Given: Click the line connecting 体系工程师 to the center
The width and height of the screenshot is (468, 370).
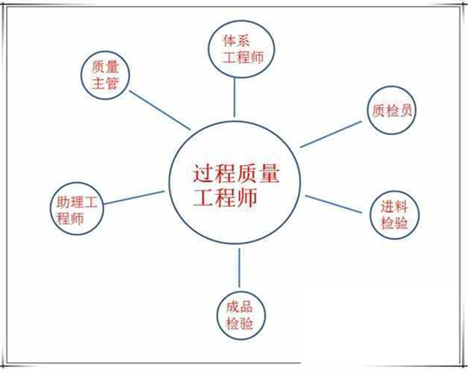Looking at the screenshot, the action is (x=234, y=98).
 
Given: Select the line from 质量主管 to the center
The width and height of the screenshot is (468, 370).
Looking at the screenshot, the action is (x=160, y=110).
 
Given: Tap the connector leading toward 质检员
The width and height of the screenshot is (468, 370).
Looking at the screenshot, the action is (x=331, y=134).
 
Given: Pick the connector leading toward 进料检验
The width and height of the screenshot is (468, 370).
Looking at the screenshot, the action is (x=334, y=204).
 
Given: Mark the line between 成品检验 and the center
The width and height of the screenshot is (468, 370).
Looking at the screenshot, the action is (x=239, y=268).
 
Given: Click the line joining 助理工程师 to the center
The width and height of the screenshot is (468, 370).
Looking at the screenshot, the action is (x=134, y=198).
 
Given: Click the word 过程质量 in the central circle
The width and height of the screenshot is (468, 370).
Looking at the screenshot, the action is (x=236, y=174).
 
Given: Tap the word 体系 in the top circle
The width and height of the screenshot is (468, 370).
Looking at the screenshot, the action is (x=236, y=41).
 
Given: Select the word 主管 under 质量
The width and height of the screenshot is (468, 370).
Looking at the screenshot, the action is (x=105, y=83).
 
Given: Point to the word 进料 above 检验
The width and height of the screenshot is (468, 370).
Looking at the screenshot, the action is (x=394, y=207).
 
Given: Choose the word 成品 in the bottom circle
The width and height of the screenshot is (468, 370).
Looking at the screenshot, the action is (x=239, y=307).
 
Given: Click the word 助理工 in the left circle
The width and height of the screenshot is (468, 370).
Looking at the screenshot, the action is (x=77, y=202).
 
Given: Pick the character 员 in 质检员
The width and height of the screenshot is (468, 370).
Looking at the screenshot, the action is (x=406, y=111).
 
